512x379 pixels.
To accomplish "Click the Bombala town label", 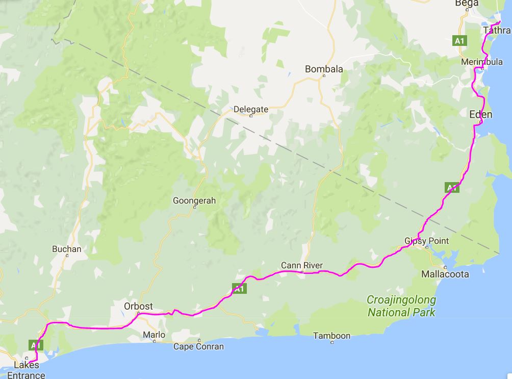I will click(324, 69).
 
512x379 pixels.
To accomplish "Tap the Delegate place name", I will click(250, 109).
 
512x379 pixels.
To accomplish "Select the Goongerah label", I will click(194, 200).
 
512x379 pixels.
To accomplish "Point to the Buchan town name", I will click(67, 249).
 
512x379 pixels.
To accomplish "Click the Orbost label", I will click(138, 307).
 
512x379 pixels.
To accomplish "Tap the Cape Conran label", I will click(198, 346).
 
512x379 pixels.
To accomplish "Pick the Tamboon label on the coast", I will click(331, 336).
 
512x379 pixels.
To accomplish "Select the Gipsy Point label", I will click(426, 240).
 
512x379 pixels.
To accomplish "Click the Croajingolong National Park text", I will click(402, 306).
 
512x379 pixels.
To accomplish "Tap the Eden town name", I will click(480, 114).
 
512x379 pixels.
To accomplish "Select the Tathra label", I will click(495, 31).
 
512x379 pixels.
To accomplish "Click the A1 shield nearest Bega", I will click(460, 40).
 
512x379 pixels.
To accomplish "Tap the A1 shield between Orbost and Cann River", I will click(239, 288).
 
